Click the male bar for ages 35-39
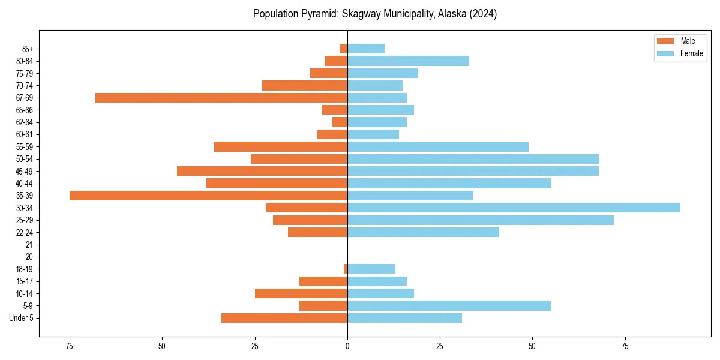click(208, 196)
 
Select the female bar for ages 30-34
click(514, 208)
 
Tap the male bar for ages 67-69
click(221, 98)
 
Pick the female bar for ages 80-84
click(408, 61)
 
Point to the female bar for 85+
click(366, 49)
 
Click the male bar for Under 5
click(284, 318)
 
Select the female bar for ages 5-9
click(449, 305)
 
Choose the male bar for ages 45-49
click(262, 171)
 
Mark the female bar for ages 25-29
click(481, 220)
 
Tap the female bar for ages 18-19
click(371, 269)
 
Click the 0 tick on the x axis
click(347, 346)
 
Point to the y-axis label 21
click(29, 245)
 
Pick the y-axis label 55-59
click(24, 146)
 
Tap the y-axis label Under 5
click(21, 318)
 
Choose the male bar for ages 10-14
click(301, 293)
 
